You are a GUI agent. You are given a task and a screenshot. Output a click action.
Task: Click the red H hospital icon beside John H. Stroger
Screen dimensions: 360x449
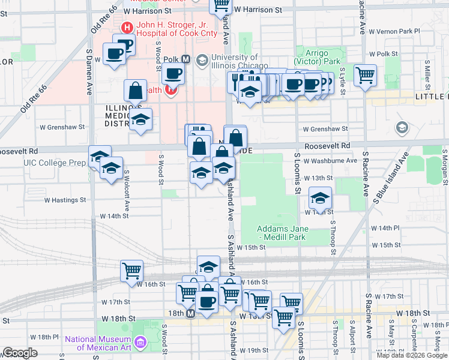[127, 27]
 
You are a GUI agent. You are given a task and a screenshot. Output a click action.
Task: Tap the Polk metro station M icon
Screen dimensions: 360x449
[185, 59]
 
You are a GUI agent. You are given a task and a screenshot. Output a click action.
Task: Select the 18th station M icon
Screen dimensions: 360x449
[191, 314]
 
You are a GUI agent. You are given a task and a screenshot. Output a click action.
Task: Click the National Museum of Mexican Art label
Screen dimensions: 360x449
[97, 343]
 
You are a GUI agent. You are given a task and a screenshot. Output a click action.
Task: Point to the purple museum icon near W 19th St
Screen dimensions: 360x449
[141, 342]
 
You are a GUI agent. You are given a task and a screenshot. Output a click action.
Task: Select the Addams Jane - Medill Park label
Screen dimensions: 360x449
[283, 233]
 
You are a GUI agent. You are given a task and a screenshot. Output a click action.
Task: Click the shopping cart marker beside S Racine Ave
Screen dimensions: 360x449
[365, 76]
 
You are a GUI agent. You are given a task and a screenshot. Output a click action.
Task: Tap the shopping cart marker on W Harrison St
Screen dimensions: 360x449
[221, 5]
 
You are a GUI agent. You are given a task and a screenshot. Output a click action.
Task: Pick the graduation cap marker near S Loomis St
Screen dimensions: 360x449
[321, 198]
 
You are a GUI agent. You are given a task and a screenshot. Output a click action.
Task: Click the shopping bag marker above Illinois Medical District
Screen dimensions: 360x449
[136, 91]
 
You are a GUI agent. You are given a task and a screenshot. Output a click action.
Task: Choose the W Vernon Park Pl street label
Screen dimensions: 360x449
[394, 31]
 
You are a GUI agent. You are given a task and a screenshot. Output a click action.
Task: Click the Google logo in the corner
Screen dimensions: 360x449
[20, 353]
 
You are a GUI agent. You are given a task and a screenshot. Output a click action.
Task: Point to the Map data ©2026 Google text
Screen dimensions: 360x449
[412, 355]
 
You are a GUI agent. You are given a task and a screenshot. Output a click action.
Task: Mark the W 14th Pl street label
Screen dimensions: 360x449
[385, 229]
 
